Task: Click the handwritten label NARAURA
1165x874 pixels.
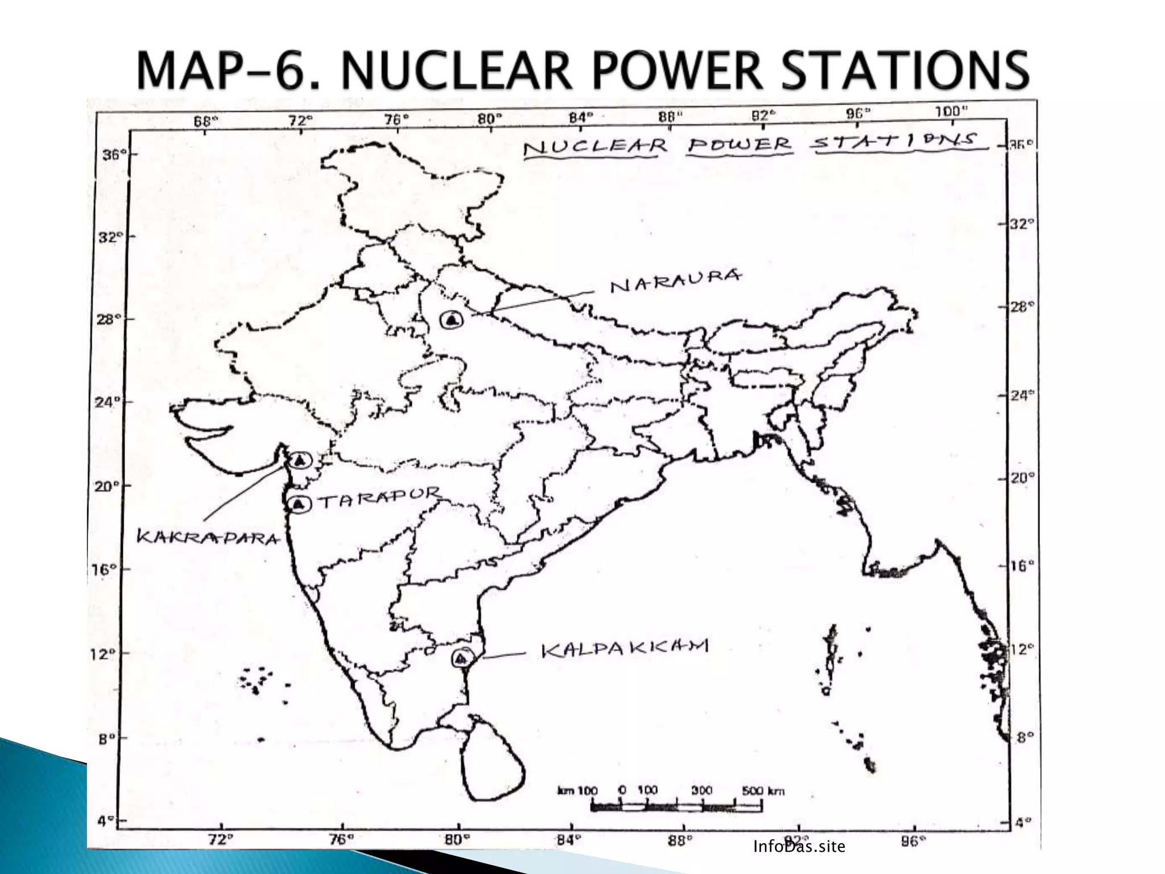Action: pos(676,280)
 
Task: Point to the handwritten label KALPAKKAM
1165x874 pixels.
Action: pos(624,649)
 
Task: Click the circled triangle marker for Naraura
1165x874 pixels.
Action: pos(452,320)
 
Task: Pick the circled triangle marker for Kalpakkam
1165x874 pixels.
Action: pos(461,658)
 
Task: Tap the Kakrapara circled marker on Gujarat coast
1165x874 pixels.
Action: pos(300,460)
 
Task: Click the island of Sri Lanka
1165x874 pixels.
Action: pos(493,762)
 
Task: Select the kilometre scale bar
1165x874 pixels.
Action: pos(676,806)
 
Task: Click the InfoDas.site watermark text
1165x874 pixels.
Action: pos(799,847)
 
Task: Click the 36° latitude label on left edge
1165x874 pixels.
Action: pos(111,155)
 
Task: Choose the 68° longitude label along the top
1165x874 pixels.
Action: pos(206,121)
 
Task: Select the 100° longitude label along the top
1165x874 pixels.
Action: pos(951,112)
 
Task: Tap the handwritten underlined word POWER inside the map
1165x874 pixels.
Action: pos(739,144)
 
